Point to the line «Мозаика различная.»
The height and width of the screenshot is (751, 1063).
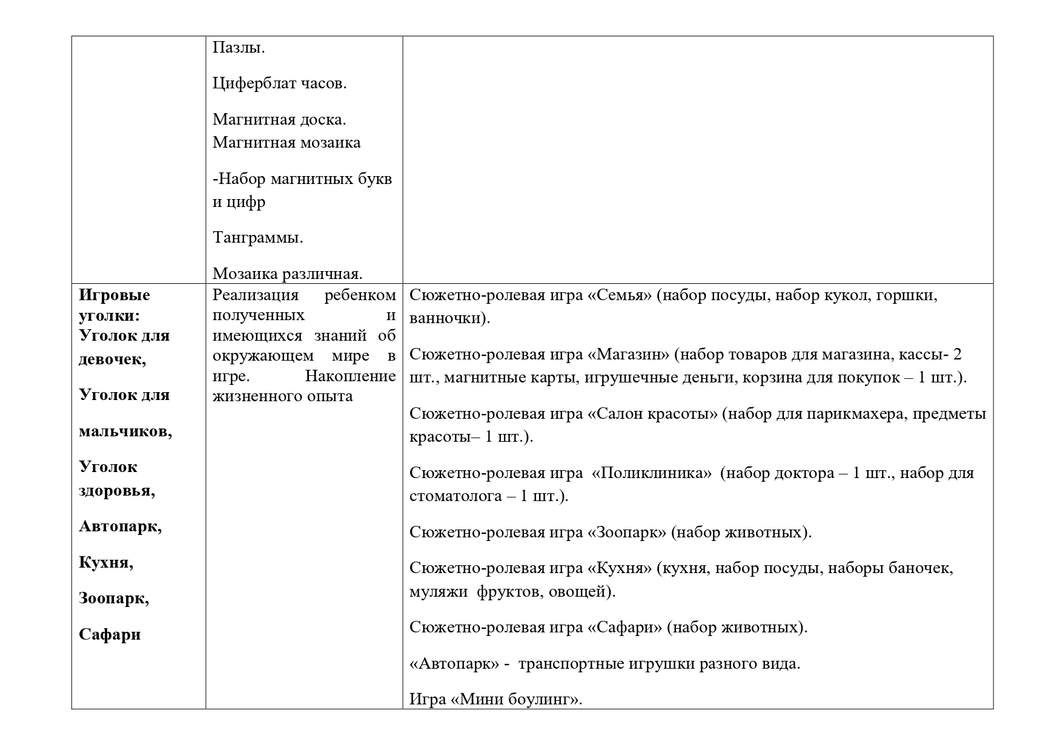pos(287,274)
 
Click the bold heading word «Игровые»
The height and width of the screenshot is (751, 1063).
pos(114,295)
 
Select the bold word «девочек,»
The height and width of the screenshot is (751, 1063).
pos(112,359)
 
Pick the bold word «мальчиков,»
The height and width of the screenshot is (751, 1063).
pos(125,431)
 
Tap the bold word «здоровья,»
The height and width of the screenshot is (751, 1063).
pos(117,490)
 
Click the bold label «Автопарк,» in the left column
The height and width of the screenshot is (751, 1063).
pos(120,526)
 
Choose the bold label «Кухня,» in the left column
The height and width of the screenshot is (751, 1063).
pos(106,562)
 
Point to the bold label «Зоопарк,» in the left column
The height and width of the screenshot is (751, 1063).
pos(114,598)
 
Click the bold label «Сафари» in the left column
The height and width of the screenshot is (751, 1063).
pos(110,634)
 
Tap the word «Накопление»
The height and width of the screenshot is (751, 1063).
pos(350,376)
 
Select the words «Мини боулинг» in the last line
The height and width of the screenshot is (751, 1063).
pos(516,700)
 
